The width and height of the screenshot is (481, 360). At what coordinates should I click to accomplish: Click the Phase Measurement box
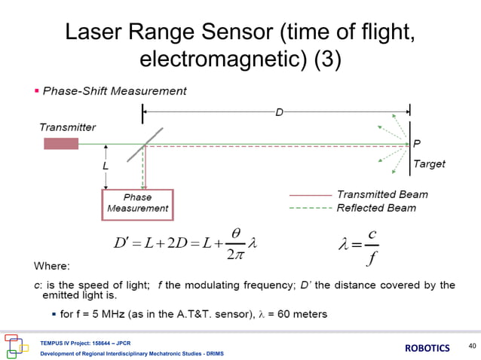point(138,203)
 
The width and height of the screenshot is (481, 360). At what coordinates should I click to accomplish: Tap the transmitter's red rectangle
point(61,143)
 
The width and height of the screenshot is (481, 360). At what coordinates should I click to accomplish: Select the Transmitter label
point(68,127)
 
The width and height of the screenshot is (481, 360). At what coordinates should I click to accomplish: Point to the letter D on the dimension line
point(279,113)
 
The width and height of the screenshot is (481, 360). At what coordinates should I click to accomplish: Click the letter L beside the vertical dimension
point(106,165)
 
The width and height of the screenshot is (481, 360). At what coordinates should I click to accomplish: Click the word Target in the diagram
point(429,163)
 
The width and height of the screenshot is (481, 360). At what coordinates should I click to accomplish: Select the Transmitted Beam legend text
point(382,194)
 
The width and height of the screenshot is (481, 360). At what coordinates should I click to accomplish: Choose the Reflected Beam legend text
point(376,208)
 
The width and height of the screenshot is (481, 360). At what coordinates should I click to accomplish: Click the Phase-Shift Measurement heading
point(115,91)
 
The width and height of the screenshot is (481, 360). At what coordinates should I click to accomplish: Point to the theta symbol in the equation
point(236,236)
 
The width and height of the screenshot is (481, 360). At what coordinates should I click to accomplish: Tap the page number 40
point(472,346)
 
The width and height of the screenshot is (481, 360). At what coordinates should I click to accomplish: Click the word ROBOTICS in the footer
point(430,348)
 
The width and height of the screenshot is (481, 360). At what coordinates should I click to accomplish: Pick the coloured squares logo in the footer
point(15,344)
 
